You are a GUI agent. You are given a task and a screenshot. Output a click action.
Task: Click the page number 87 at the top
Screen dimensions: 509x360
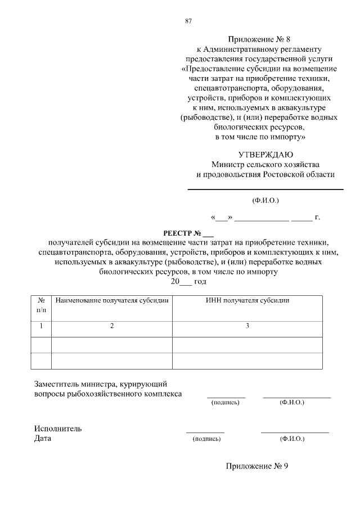coord(188,21)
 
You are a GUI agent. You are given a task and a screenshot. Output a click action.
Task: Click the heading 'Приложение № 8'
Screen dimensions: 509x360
coord(260,39)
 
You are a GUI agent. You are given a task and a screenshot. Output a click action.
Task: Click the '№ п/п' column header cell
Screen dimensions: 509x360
coord(41,305)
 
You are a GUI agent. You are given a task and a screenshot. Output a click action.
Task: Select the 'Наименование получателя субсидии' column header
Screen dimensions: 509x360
coord(112,301)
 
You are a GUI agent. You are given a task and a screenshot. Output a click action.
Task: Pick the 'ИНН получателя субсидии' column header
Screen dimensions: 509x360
coord(247,301)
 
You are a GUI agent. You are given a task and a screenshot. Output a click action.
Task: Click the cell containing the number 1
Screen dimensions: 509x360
coord(41,326)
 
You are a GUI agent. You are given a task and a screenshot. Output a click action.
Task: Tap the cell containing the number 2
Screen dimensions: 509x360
coord(112,326)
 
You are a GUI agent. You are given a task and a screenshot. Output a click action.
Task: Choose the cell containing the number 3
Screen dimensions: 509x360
coord(247,326)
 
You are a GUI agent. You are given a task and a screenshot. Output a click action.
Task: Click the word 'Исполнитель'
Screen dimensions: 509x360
coord(58,429)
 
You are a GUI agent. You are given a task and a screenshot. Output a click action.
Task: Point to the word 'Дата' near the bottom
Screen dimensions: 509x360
coord(43,439)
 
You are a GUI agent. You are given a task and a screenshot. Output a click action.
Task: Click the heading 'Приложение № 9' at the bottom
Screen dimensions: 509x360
coord(257,466)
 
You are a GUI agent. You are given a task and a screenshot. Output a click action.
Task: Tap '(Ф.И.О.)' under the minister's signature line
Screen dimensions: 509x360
coord(265,200)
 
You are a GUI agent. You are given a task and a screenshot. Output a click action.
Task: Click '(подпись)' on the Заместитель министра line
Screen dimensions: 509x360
coord(225,403)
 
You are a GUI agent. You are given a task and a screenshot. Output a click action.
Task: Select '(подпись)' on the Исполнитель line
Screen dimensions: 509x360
coord(206,439)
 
